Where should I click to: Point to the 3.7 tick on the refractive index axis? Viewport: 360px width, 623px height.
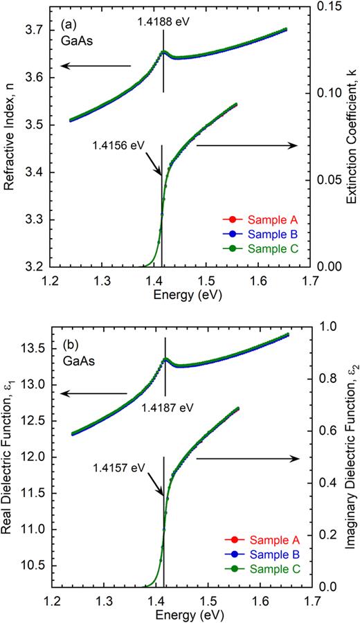[x=32, y=30]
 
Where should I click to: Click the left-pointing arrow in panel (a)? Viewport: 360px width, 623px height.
[x=93, y=66]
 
